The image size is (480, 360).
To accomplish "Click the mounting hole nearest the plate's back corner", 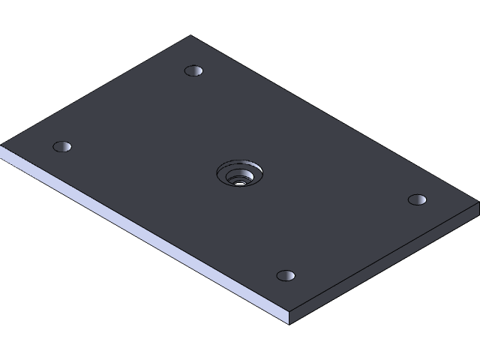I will [x=193, y=70].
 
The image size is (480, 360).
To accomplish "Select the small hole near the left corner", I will [x=62, y=146].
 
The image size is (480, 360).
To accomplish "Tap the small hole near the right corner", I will [x=417, y=199].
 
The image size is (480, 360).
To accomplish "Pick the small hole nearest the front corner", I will [x=286, y=275].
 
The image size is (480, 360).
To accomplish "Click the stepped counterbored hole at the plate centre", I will [x=239, y=175].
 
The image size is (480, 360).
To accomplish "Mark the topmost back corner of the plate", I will [x=190, y=35].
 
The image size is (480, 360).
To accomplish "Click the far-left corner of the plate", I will [x=1, y=145].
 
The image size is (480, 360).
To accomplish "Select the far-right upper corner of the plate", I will [x=478, y=202].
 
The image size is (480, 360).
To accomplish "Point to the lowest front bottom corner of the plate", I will [x=289, y=325].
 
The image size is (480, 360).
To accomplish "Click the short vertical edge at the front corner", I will [x=289, y=318].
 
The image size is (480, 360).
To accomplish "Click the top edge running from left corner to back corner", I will [x=96, y=90].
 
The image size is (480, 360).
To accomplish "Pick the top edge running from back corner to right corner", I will [x=334, y=118].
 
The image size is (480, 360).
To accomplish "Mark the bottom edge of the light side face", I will [x=142, y=244].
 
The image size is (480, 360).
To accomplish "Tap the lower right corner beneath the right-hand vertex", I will [x=478, y=214].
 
